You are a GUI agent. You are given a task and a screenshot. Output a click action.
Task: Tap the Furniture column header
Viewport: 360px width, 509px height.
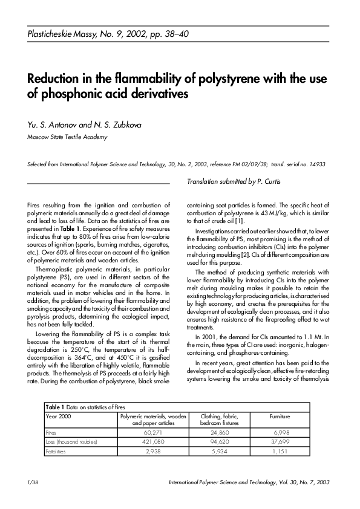pyautogui.click(x=280, y=417)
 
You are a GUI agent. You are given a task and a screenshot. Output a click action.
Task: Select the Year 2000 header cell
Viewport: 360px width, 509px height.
pyautogui.click(x=59, y=417)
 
